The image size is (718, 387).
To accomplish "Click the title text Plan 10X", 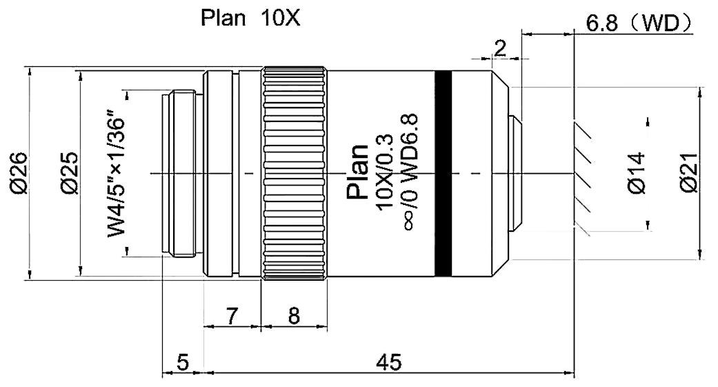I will pos(250,18).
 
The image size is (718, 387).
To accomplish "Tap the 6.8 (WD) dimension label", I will pos(638,24).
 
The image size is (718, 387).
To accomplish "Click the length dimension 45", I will pos(387,361).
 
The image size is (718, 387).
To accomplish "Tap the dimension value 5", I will pos(182,361).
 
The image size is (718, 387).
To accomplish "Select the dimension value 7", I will pos(232,316).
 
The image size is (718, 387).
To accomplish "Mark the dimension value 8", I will pos(294,316).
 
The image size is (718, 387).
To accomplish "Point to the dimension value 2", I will pos(500,48).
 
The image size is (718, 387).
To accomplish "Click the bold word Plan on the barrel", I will pos(358,172).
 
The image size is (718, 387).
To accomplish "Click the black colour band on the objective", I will pos(443,172).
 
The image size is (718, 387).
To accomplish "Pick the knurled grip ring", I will pos(295,172).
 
